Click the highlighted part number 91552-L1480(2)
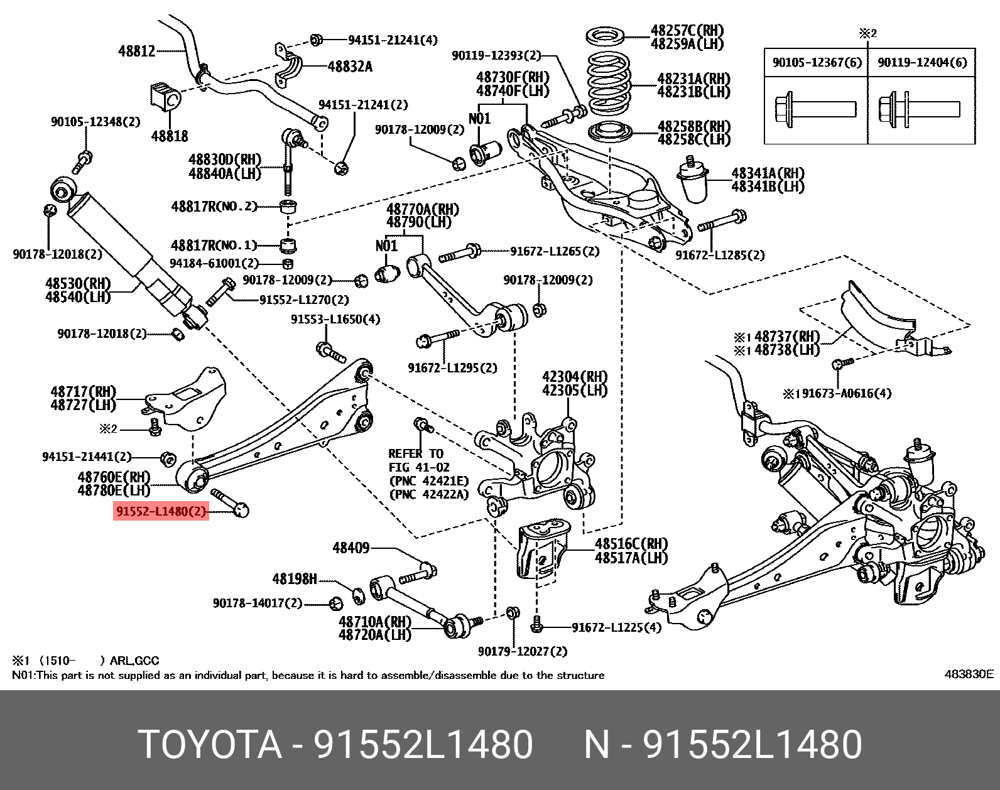(x=161, y=512)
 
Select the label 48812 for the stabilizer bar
(x=136, y=51)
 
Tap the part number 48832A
(x=350, y=66)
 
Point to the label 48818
(x=170, y=136)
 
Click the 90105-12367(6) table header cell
(x=817, y=62)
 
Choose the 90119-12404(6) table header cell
(x=921, y=62)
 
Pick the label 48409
(x=351, y=548)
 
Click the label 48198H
(x=294, y=578)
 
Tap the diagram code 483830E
(x=969, y=674)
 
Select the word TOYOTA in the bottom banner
(x=210, y=745)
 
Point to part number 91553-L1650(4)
(x=335, y=320)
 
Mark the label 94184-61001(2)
(x=214, y=264)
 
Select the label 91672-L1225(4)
(x=616, y=627)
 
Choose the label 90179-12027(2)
(x=522, y=651)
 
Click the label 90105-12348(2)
(x=95, y=121)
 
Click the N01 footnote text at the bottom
(x=308, y=675)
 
